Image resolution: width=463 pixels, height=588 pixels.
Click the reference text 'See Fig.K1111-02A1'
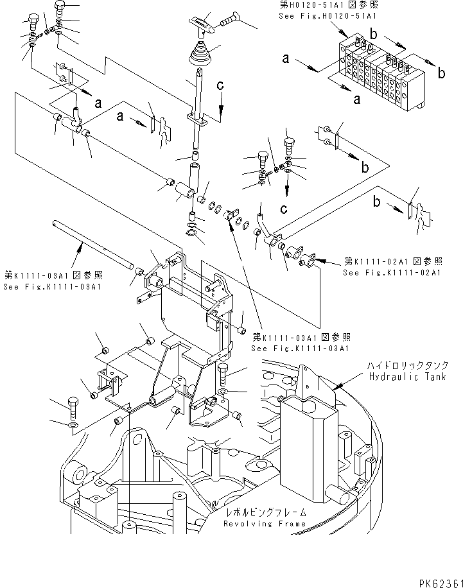pyautogui.click(x=391, y=273)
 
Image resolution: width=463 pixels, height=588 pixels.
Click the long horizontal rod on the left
pyautogui.click(x=90, y=243)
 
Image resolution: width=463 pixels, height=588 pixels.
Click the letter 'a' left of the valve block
pyautogui.click(x=284, y=59)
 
